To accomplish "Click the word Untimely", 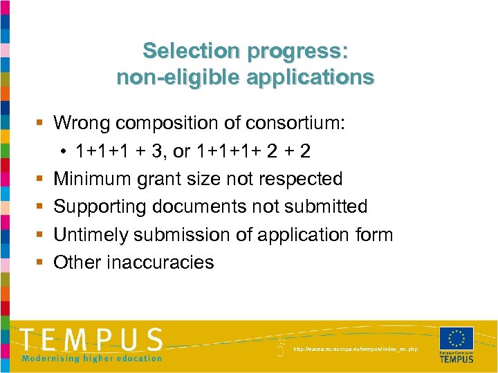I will coord(87,235).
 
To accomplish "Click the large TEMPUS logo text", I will coord(93,340).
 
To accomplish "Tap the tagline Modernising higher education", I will coord(93,358).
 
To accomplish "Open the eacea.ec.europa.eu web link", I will coord(356,350).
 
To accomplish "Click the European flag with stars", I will coord(456,338).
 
